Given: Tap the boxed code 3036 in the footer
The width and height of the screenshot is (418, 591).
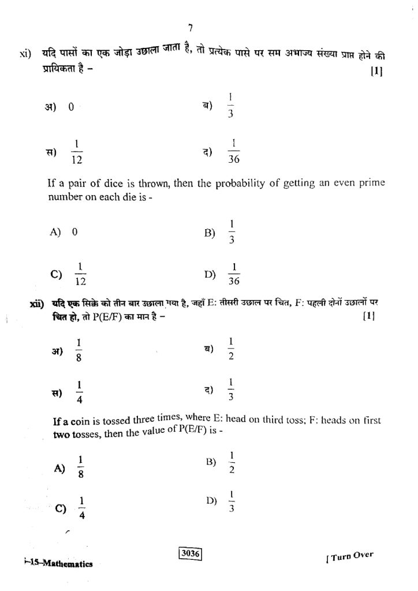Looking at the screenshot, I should coord(189,554).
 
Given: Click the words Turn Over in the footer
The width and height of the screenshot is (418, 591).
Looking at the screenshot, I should coord(350,558).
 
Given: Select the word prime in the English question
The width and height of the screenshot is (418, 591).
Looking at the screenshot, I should coord(371,184).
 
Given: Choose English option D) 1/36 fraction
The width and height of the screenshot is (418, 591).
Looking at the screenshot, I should coord(234,274).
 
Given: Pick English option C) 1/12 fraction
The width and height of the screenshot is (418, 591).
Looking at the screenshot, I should coord(81,274).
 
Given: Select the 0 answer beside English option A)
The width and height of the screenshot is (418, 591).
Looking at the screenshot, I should coord(74,232).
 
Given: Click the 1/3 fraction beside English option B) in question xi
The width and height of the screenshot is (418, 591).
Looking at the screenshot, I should coord(232,232).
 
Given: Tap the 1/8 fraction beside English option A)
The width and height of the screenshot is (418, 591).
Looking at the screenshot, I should coord(81,467).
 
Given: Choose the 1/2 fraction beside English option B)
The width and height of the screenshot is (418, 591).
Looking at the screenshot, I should coord(232,462).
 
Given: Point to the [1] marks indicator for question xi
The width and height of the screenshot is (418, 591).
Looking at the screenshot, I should coord(378,72).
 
